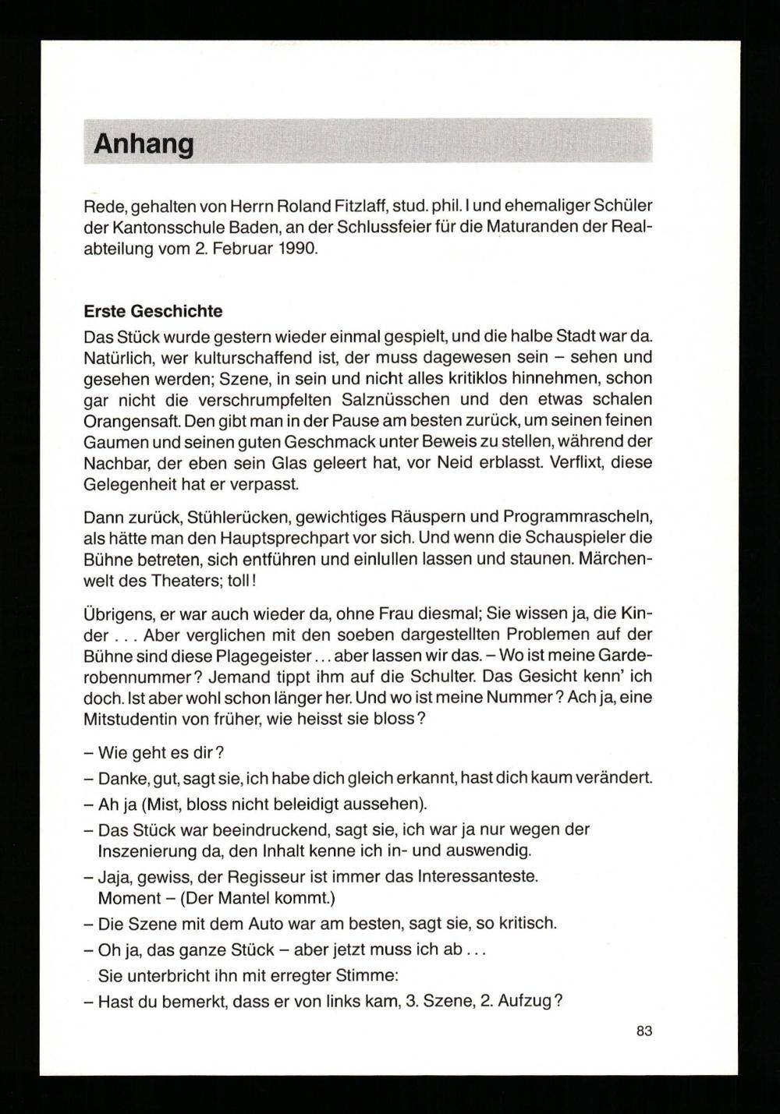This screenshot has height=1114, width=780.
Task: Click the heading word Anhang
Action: (x=144, y=144)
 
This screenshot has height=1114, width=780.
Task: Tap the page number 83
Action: (x=643, y=1031)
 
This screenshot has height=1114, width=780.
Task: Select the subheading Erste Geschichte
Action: (x=153, y=311)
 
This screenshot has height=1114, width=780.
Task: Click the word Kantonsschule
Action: (x=161, y=228)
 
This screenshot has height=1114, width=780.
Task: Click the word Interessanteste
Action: (x=477, y=876)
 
